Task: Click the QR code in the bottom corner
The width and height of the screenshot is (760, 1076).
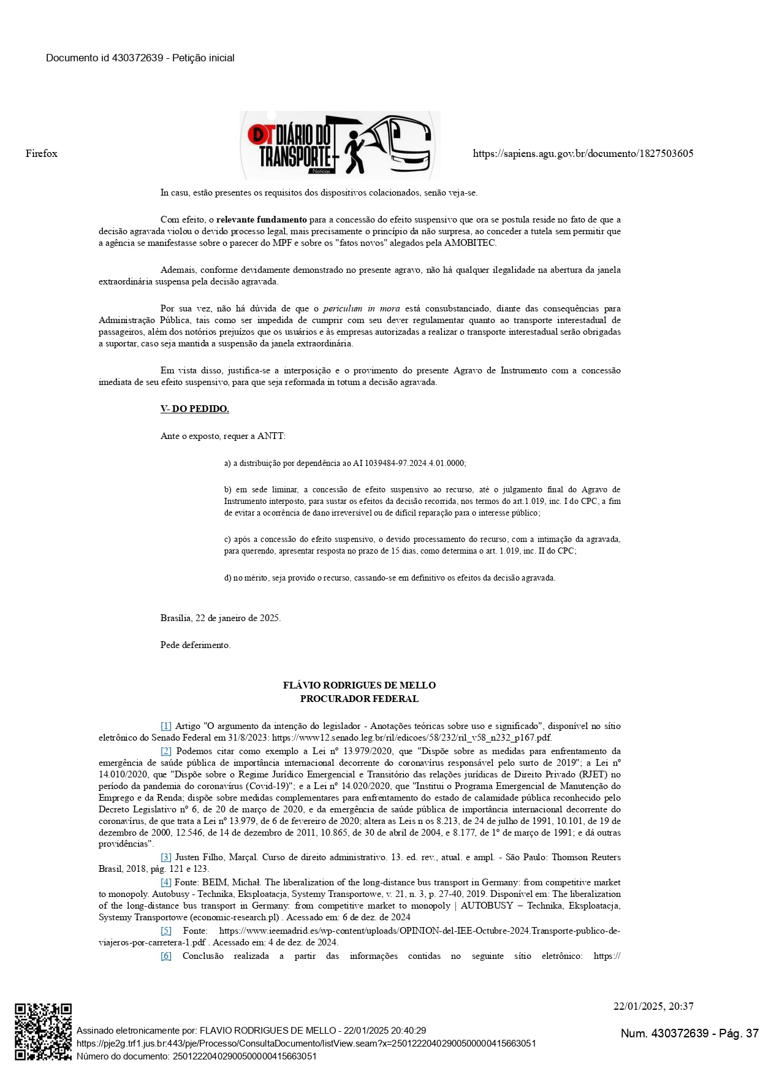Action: [44, 1032]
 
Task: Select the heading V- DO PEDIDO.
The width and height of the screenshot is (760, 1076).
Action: [195, 409]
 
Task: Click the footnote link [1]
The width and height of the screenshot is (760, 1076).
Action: [166, 726]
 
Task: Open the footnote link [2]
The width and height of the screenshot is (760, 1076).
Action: [166, 751]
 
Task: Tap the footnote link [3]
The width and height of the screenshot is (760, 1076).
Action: [166, 857]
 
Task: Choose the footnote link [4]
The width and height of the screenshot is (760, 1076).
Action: [166, 882]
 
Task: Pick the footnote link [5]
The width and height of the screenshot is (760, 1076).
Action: [166, 931]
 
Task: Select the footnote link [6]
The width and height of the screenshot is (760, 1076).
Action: [166, 956]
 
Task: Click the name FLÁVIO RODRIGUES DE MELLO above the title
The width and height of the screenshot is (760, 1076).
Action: [359, 685]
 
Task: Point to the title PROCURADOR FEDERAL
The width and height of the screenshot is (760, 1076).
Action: [359, 698]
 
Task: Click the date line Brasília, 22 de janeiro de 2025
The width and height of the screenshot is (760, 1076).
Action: [221, 618]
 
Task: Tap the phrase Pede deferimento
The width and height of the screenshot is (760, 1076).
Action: [196, 645]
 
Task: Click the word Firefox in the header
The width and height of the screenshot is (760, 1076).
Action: [42, 153]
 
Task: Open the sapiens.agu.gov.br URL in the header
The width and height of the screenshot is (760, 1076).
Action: [583, 153]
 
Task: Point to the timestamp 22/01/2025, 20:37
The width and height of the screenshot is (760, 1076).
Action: [653, 1006]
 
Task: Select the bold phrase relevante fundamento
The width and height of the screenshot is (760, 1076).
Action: [262, 219]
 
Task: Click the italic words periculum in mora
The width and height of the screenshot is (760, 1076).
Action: [362, 308]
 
